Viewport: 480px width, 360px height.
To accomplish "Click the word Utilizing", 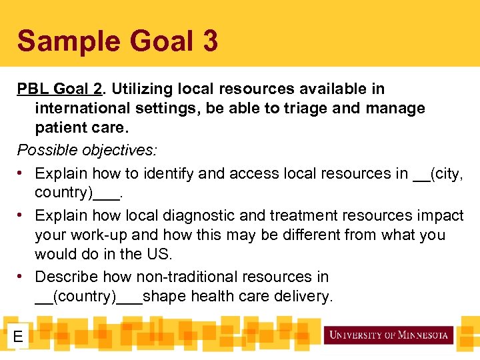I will click(142, 89).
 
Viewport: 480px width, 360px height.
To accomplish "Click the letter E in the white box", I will click(18, 337).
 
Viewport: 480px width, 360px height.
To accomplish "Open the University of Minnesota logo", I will click(388, 335).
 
